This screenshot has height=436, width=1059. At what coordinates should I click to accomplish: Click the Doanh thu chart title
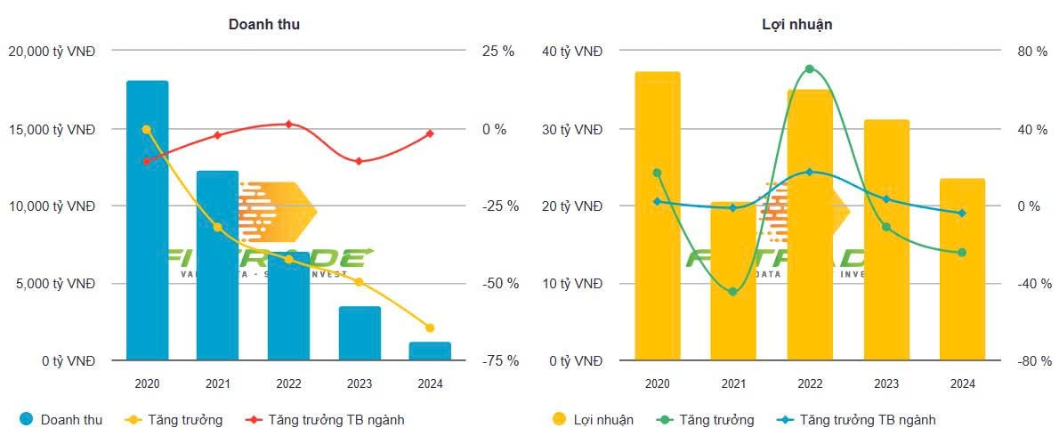[264, 24]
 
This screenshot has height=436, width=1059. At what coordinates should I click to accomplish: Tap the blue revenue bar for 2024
[430, 351]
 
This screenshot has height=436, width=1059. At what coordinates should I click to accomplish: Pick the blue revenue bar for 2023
[359, 334]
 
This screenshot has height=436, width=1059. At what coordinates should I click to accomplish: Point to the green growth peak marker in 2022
[810, 69]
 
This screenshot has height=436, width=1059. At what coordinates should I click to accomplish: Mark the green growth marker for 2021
[733, 292]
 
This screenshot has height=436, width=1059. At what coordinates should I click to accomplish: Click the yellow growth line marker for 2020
[147, 129]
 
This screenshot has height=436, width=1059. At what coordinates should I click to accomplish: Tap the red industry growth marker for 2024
[430, 133]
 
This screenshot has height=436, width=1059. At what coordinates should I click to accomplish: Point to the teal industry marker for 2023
[886, 198]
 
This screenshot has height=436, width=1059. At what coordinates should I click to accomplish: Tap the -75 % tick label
[498, 360]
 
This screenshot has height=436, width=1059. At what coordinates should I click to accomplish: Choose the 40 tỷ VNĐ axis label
[572, 52]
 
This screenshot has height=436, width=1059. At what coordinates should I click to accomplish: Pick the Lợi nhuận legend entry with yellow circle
[593, 419]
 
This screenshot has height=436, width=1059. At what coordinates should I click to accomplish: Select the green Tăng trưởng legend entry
[705, 419]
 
